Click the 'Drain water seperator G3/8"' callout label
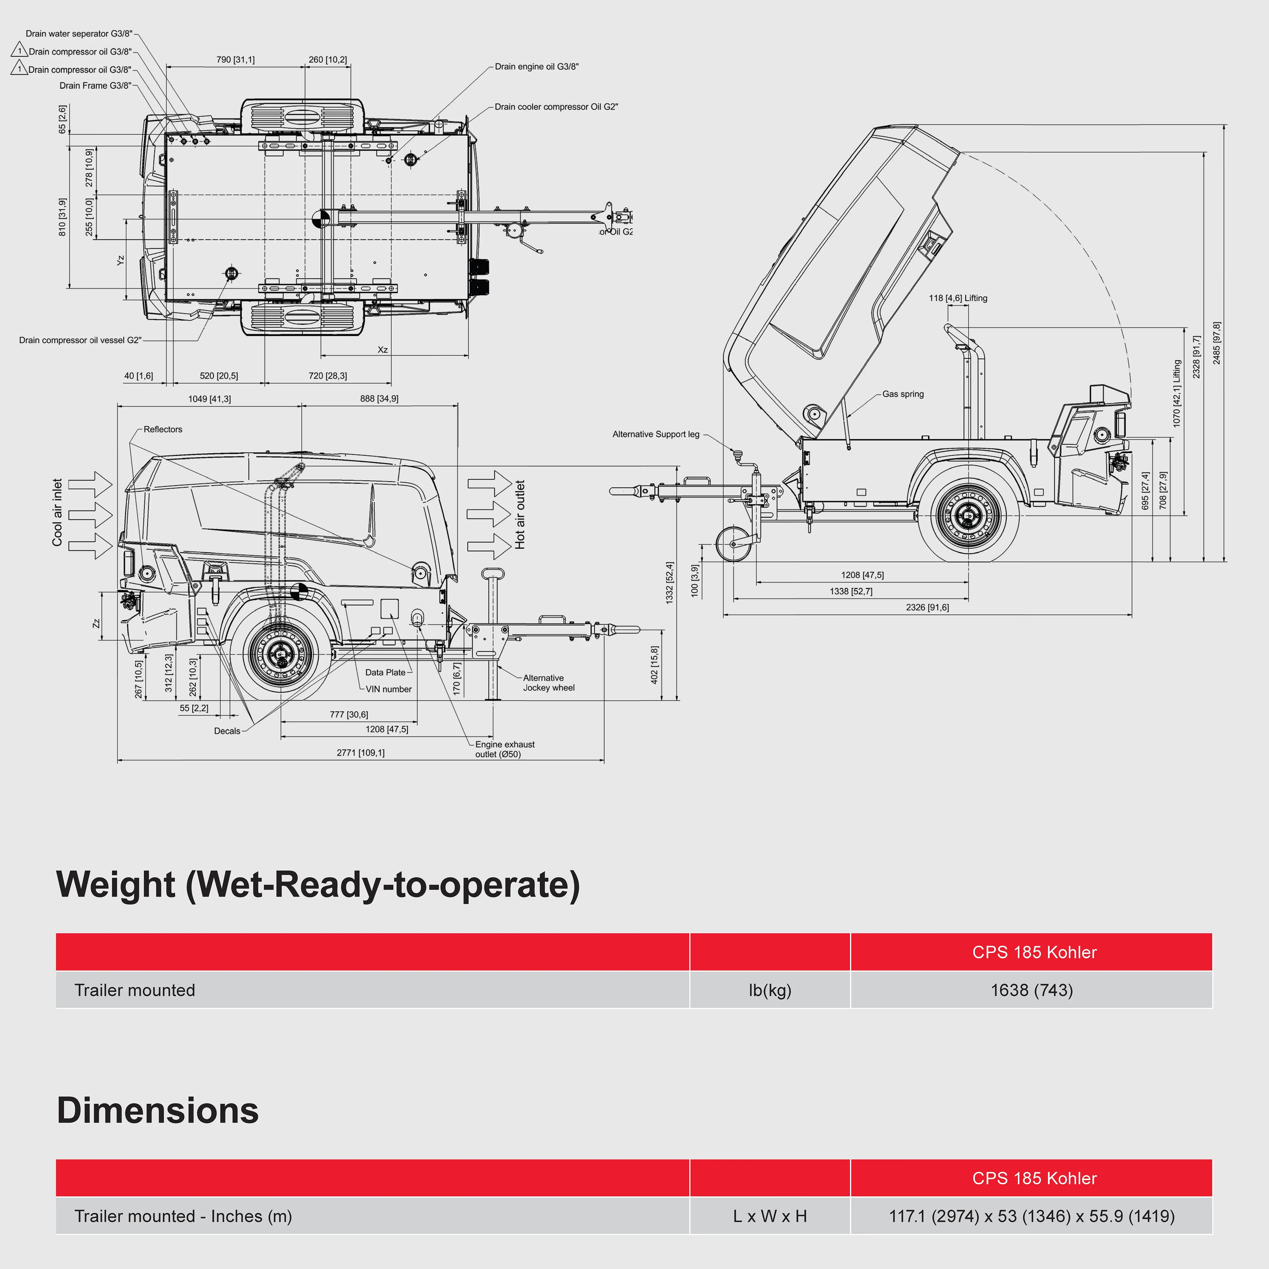pyautogui.click(x=79, y=34)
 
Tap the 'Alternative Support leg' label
pyautogui.click(x=656, y=434)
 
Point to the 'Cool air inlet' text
pyautogui.click(x=58, y=512)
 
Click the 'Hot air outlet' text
pyautogui.click(x=520, y=514)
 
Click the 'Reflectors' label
pyautogui.click(x=163, y=430)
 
